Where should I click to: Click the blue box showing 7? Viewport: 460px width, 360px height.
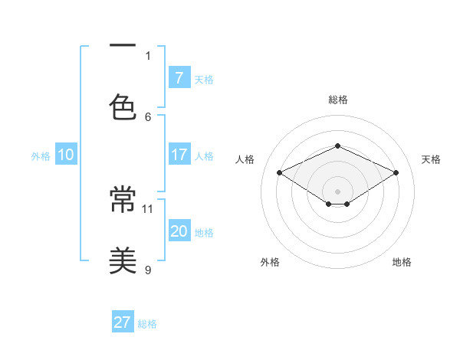(179, 77)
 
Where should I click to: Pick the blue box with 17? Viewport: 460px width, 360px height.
(179, 155)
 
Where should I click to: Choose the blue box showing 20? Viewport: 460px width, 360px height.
(179, 231)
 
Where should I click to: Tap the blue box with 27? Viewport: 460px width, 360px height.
(123, 322)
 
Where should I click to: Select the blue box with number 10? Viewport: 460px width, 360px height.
(66, 155)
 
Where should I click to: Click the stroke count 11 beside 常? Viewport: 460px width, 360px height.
(148, 208)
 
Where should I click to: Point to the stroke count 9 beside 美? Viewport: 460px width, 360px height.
(148, 270)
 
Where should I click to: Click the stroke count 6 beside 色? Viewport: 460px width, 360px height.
(148, 116)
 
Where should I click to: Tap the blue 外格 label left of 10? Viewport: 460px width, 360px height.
(41, 155)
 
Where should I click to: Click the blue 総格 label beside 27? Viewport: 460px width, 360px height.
(147, 324)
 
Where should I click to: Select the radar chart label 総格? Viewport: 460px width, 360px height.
(337, 100)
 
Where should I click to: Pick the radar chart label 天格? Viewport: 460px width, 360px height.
(431, 159)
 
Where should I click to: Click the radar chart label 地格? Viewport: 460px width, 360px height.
(402, 262)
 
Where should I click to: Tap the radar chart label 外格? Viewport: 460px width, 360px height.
(270, 262)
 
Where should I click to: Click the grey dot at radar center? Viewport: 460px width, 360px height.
(337, 191)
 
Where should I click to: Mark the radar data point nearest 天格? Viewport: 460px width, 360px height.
(396, 173)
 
